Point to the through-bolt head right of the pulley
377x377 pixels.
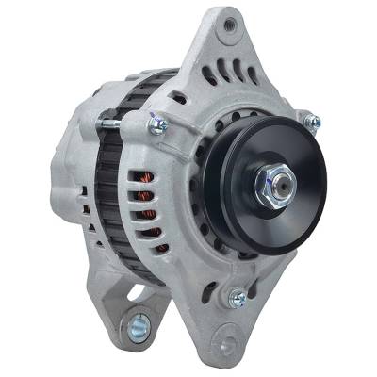[x=312, y=122]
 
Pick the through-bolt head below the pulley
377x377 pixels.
[x=238, y=299]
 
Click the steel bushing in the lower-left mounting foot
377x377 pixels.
[x=138, y=327]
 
